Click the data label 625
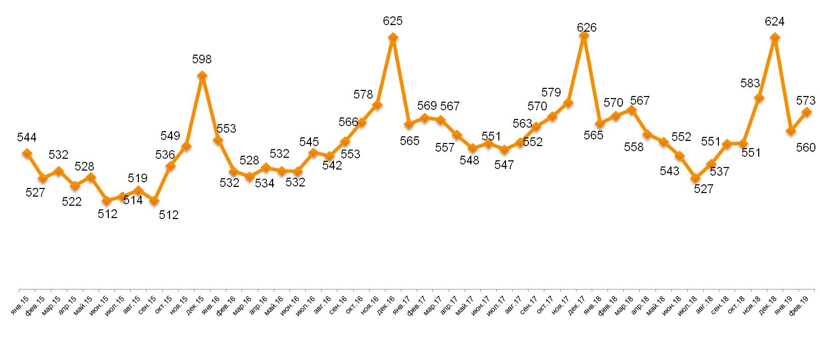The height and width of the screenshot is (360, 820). [393, 21]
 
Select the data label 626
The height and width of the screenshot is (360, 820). [587, 28]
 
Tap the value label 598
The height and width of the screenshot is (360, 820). [202, 59]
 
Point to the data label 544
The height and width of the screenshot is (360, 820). [27, 137]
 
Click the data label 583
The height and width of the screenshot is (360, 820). [750, 83]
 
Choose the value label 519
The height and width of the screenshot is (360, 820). [137, 178]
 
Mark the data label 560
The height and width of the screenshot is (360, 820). [806, 148]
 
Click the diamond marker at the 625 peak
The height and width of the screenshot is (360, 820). [393, 37]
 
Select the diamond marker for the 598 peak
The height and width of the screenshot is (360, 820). [202, 76]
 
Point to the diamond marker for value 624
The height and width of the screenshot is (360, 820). [775, 37]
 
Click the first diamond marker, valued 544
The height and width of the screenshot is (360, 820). [27, 153]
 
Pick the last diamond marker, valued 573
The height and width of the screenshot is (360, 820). [807, 112]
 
